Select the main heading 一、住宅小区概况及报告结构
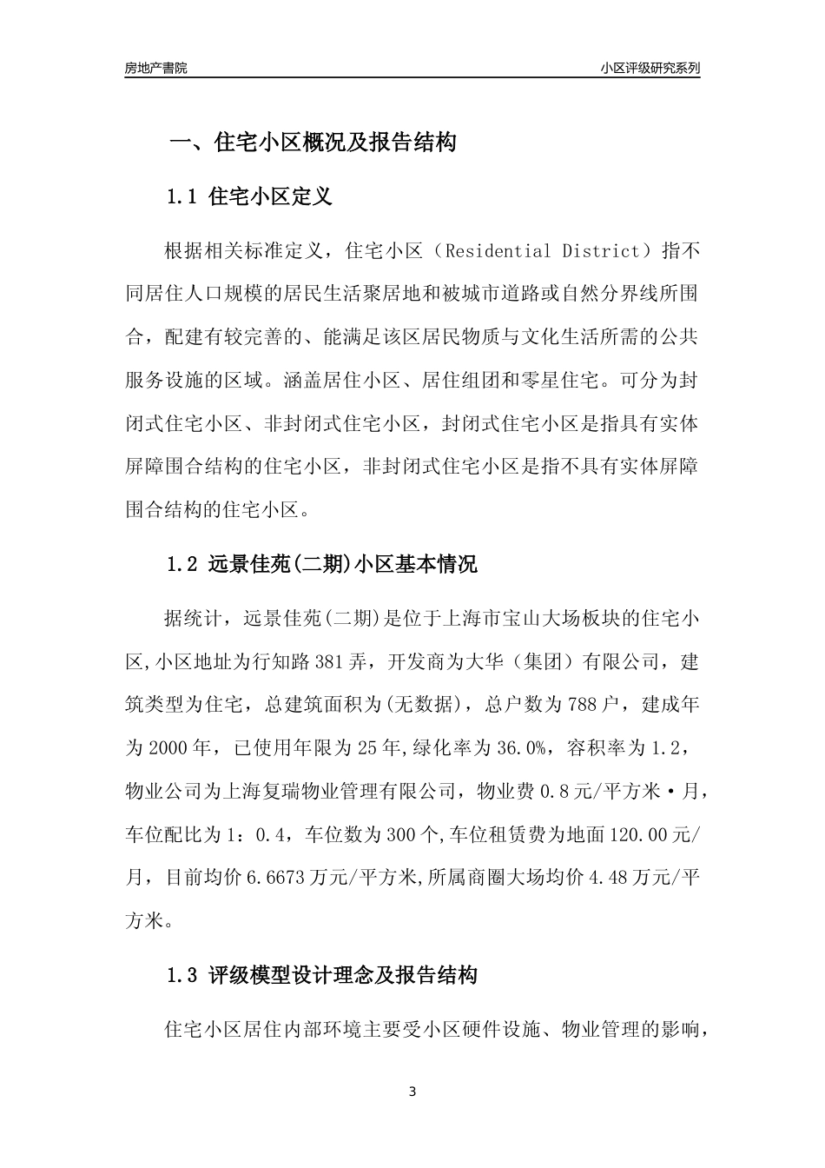[312, 143]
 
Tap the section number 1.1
[183, 196]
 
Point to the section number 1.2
[183, 565]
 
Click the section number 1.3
[183, 975]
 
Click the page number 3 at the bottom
[412, 1092]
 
